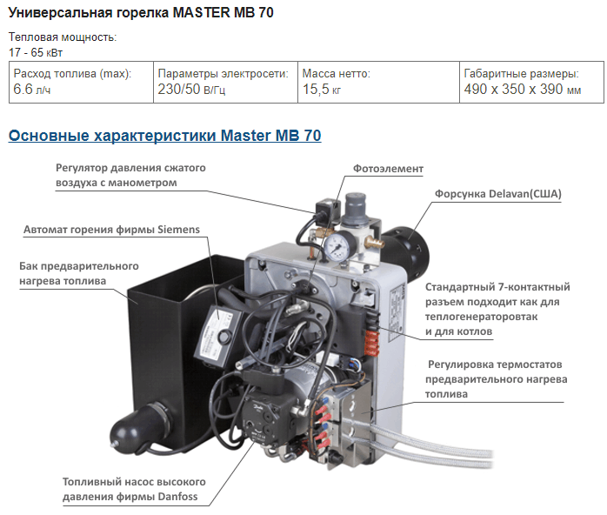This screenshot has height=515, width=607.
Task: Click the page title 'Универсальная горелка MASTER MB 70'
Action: click(141, 12)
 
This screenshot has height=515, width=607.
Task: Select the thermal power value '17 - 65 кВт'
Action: click(36, 52)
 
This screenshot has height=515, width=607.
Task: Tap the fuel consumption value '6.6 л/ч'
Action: click(32, 89)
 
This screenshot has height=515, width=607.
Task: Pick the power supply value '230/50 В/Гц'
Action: click(191, 89)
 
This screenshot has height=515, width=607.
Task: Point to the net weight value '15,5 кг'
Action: click(322, 89)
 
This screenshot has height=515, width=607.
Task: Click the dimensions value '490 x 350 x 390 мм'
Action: click(523, 89)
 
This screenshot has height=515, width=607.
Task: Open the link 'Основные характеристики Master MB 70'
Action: click(165, 136)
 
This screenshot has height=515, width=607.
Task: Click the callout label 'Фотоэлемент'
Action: click(388, 169)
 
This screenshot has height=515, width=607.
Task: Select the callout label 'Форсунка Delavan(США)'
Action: click(497, 194)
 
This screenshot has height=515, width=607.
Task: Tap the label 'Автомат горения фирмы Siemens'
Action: click(112, 230)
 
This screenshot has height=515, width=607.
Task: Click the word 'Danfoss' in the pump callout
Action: click(179, 497)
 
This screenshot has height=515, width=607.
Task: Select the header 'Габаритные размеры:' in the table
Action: click(522, 74)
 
